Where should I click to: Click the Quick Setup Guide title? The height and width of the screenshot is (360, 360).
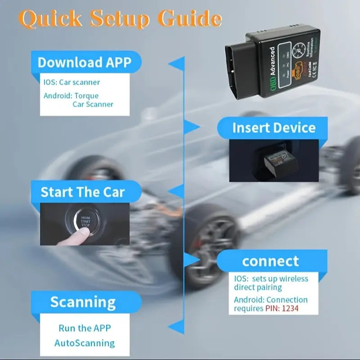121,19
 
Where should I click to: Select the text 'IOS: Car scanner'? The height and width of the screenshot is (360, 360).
72,82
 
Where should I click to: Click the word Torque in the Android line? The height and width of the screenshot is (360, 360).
86,95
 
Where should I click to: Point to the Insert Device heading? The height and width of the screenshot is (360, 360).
274,128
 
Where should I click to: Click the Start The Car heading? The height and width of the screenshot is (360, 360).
83,192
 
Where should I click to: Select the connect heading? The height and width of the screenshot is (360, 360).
270,261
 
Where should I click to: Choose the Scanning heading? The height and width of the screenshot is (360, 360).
83,301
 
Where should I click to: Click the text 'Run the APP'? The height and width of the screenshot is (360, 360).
85,328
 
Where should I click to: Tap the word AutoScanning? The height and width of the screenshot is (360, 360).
85,343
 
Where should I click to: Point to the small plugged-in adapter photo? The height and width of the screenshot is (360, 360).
274,161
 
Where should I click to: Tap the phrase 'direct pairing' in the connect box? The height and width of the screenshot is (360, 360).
257,287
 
